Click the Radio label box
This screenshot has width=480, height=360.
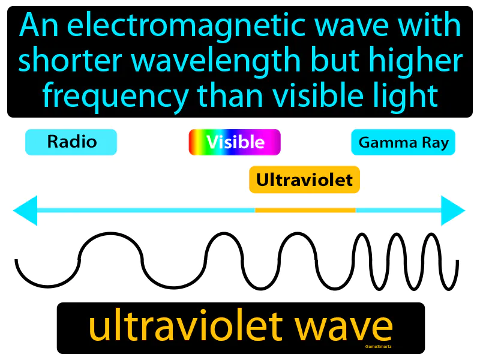pyautogui.click(x=71, y=142)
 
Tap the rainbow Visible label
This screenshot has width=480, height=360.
pyautogui.click(x=235, y=142)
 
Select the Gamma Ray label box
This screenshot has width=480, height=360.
pyautogui.click(x=403, y=143)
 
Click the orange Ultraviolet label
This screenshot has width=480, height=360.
pyautogui.click(x=304, y=179)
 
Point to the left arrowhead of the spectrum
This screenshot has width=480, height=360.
pyautogui.click(x=25, y=210)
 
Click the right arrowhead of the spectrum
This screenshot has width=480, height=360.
pyautogui.click(x=453, y=210)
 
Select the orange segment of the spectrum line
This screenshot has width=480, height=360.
pyautogui.click(x=305, y=210)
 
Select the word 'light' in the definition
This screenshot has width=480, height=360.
pyautogui.click(x=404, y=94)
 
